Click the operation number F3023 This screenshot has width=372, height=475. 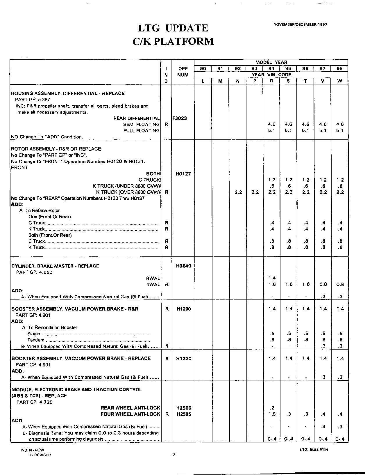tap(180, 118)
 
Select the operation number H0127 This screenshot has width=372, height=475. tap(183, 174)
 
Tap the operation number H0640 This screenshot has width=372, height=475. tap(184, 266)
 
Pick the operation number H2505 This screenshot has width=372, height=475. tap(183, 414)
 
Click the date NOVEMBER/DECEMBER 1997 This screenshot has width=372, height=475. tap(300, 25)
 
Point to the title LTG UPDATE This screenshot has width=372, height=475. tap(173, 28)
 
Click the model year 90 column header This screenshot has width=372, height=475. tap(203, 69)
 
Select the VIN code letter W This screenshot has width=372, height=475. tap(339, 81)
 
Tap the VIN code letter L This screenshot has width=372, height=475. tap(203, 81)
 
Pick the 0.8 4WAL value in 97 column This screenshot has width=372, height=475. tap(323, 285)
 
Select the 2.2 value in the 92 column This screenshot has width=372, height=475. tap(238, 192)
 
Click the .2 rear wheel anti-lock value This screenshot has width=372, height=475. tap(272, 408)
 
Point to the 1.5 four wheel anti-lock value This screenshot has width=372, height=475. tap(272, 414)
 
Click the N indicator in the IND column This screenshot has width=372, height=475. tap(167, 346)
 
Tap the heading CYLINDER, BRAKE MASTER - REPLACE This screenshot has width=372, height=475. tap(55, 266)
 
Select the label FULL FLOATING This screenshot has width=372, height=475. tap(142, 131)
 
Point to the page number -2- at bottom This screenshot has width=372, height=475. tap(174, 455)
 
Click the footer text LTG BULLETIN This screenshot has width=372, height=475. tap(314, 450)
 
